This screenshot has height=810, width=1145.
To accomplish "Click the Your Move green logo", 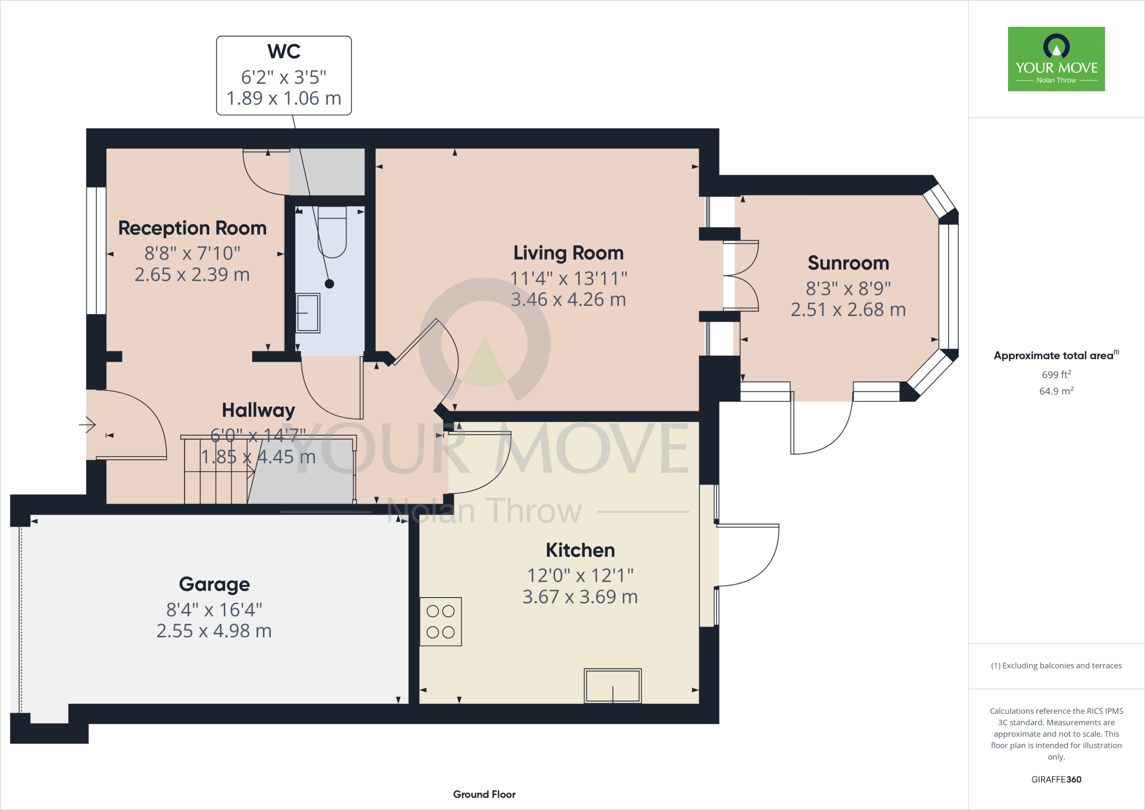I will [x=1056, y=59].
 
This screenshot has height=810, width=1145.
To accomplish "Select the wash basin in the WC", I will [x=307, y=313].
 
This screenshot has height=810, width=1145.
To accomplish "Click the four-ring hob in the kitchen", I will [x=441, y=621].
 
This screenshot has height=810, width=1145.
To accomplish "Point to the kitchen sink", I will [x=613, y=685].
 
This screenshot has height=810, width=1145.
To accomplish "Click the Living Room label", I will [x=568, y=253].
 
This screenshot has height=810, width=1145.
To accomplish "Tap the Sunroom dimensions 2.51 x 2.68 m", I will [x=848, y=309].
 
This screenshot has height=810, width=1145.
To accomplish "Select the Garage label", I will [x=214, y=584].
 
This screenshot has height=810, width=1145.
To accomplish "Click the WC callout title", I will [x=284, y=51].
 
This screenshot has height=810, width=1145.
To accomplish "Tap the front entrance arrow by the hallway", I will [x=87, y=425].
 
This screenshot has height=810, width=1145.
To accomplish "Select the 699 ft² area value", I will [x=1056, y=374].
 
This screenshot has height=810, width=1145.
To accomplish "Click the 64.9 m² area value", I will [x=1056, y=391].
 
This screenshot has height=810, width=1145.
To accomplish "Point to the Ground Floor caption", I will [x=484, y=794].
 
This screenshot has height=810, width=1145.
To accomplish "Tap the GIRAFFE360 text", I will [x=1056, y=779].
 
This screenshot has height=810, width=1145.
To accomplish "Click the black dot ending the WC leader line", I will [x=329, y=284].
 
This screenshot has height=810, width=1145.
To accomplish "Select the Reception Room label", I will [x=192, y=228].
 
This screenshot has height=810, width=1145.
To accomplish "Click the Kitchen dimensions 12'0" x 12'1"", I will [x=580, y=575].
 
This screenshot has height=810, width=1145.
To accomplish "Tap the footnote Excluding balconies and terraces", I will [x=1056, y=666].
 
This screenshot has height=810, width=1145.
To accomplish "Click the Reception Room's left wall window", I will [x=96, y=251].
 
